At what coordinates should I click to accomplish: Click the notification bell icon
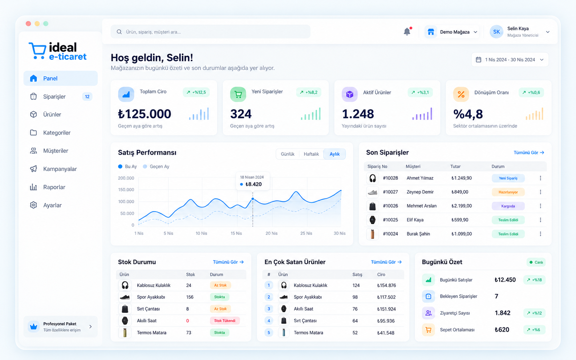click(x=407, y=31)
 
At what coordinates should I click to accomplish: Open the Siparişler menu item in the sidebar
click(x=54, y=97)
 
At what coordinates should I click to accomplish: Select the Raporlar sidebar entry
click(x=54, y=187)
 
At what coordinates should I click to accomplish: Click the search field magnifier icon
click(x=119, y=32)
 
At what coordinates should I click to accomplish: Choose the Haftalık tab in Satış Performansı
click(x=311, y=154)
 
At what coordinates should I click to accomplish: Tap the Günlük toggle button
click(x=288, y=154)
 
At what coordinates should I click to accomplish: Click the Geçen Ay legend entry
click(x=156, y=167)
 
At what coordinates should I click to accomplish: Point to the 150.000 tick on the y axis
click(x=126, y=190)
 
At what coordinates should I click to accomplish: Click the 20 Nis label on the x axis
click(x=272, y=233)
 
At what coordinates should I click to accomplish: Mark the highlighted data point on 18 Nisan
click(x=253, y=199)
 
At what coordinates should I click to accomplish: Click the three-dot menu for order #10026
click(x=540, y=206)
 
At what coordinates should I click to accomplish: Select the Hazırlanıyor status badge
click(x=508, y=192)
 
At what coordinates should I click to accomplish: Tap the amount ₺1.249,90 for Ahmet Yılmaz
click(x=461, y=178)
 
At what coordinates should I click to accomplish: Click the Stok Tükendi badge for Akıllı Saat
click(x=225, y=321)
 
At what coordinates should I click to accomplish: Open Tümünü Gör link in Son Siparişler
click(x=529, y=153)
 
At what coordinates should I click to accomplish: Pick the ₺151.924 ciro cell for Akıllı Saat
click(x=386, y=309)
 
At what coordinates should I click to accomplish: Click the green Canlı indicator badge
click(x=536, y=262)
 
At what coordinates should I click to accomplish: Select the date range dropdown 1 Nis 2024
click(x=510, y=60)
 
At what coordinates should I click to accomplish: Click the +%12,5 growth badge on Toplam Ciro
click(x=196, y=92)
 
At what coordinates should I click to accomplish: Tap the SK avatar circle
click(x=496, y=32)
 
